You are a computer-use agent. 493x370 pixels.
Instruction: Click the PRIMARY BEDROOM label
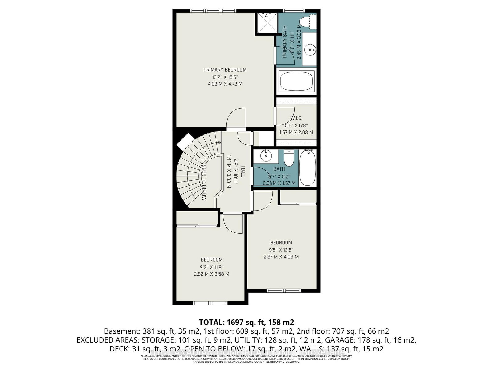coord(225,70)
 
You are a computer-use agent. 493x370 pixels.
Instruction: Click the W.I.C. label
coord(296,118)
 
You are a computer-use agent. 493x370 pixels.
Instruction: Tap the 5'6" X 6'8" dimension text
coord(296,125)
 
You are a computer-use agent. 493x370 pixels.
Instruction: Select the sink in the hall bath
coord(265,156)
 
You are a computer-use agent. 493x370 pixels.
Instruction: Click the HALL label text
coord(243,171)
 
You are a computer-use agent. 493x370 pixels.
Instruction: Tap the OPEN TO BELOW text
coord(204,183)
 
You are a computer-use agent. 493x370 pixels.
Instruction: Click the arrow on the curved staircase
coord(219,142)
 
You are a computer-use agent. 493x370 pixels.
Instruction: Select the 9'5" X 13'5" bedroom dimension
coord(281,250)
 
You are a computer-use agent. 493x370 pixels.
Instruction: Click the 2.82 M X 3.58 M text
coord(211,274)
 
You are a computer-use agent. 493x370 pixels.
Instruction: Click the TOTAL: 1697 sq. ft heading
coord(246,322)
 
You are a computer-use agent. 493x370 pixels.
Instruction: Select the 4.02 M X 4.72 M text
coord(225,84)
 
